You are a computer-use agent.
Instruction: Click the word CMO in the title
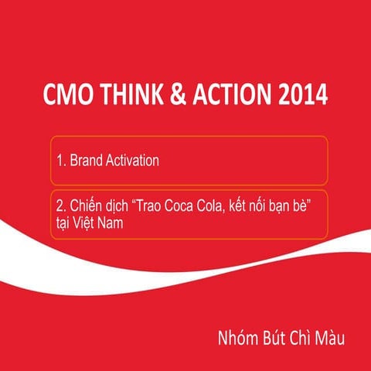[x=66, y=95]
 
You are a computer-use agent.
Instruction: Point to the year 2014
[x=305, y=95]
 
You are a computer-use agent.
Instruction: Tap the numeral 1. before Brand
[x=61, y=161]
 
